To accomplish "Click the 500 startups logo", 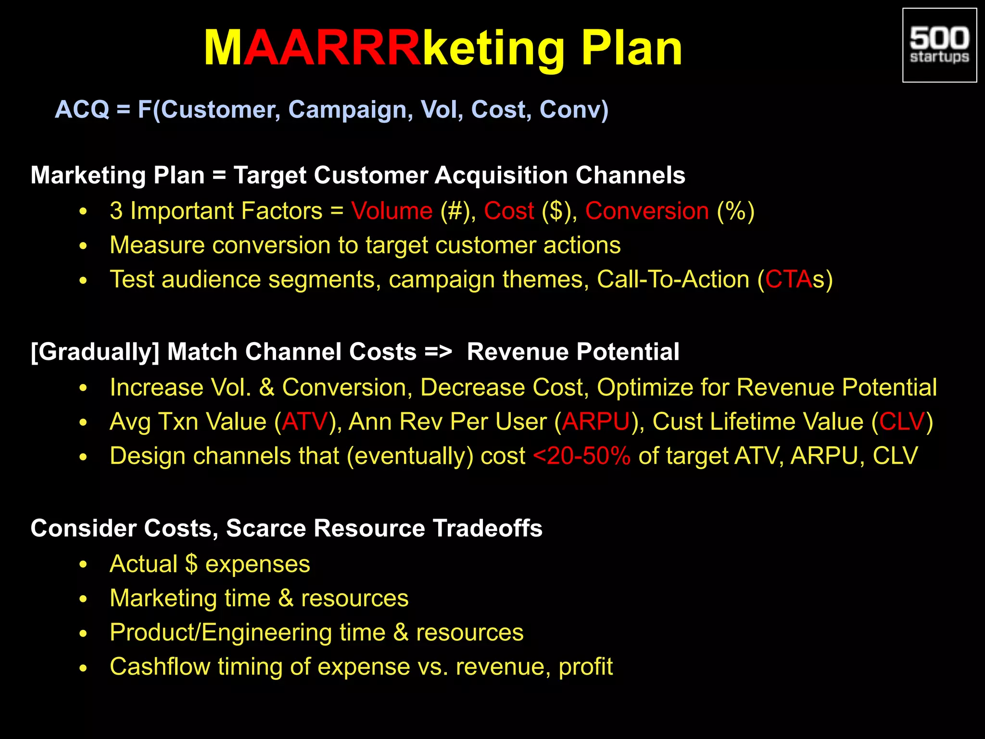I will [939, 45].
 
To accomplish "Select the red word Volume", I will [391, 211].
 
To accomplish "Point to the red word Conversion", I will [647, 211].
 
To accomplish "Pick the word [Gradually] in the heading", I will [95, 352].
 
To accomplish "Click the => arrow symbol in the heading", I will [438, 352].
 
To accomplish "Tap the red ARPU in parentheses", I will [595, 421].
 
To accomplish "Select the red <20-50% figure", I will [581, 456].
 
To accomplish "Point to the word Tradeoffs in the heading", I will [487, 528].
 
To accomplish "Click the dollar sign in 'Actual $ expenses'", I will [191, 564].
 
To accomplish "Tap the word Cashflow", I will [160, 666].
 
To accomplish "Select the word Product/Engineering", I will [220, 632].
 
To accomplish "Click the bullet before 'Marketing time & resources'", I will [83, 599].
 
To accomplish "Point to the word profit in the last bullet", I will [585, 667].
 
